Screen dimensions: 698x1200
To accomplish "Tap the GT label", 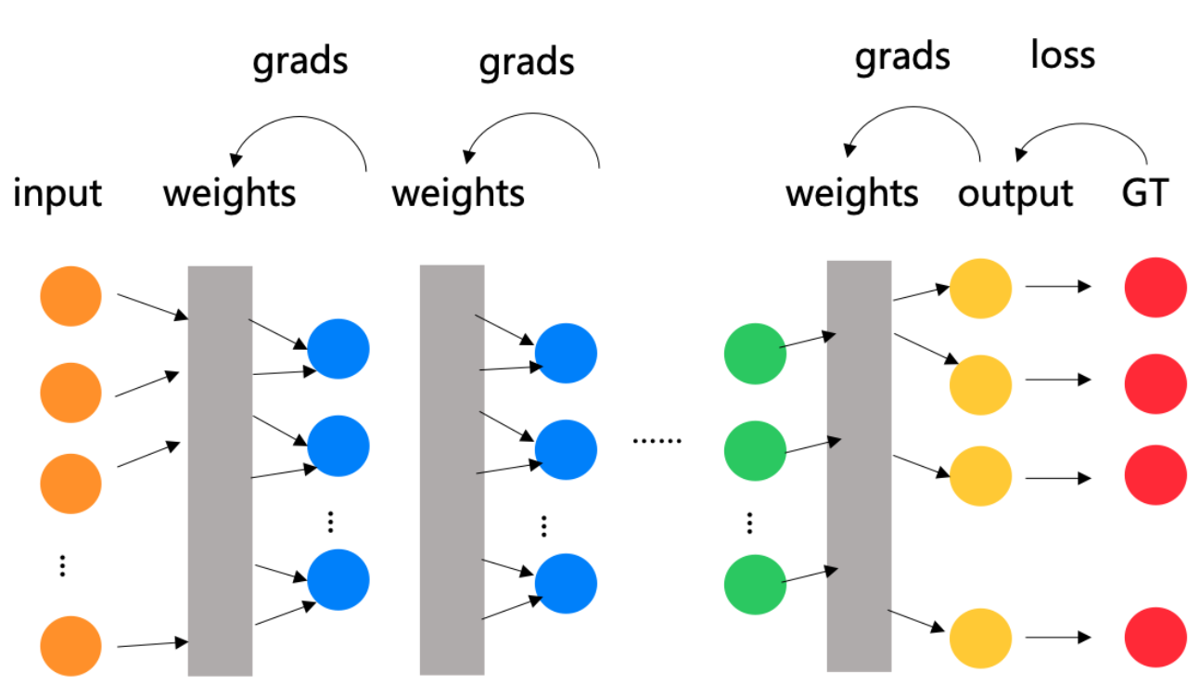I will coord(1144,194).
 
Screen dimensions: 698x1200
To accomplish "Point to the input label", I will coord(57,194).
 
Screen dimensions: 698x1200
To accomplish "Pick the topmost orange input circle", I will coord(70,296).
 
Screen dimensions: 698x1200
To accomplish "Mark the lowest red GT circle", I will coord(1155,639).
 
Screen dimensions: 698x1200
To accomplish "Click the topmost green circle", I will coord(754,354).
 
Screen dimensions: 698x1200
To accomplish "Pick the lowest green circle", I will coord(754,584).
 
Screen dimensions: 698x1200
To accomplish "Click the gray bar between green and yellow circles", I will coord(859,464).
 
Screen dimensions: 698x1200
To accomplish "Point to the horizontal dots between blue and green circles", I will coord(657,439).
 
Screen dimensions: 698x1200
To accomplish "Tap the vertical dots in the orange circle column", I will coord(62,565).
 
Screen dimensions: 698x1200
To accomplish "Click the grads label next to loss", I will coord(902,57).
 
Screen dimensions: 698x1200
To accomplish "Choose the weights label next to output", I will coord(851,194).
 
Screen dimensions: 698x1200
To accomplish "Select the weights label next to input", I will coord(230,194).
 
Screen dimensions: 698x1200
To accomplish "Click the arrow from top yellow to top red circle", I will coord(1057,288).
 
